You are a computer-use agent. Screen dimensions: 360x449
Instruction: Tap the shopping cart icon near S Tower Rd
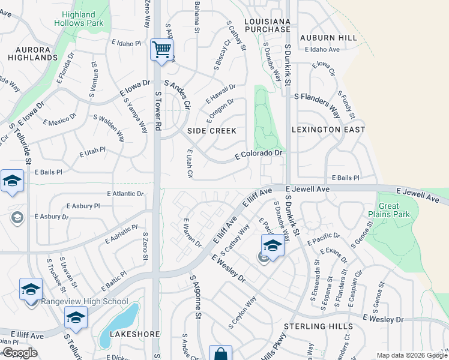161,50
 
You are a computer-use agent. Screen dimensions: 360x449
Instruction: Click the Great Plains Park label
389,210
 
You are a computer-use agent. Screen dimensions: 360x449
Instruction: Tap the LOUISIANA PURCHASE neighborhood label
268,25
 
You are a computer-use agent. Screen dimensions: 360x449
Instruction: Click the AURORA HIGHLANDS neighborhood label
33,53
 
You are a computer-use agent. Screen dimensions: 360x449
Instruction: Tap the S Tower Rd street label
158,111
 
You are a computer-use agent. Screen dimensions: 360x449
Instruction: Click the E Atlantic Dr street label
125,194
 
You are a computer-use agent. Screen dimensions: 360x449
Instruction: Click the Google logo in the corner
19,353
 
